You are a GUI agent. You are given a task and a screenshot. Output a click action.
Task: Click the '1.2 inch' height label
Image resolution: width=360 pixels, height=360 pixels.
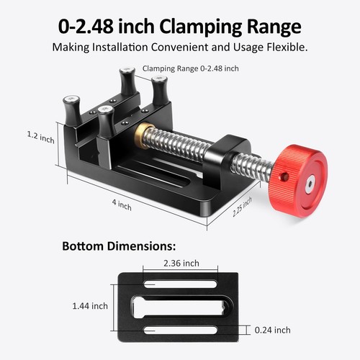tap(40, 136)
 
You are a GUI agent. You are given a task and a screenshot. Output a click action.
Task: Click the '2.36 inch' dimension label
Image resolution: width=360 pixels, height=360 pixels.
tap(181, 263)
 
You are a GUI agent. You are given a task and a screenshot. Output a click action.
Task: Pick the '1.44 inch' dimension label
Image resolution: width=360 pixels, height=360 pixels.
tap(90, 306)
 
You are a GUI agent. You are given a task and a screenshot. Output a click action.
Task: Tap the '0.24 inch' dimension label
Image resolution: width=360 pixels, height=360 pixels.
tap(273, 330)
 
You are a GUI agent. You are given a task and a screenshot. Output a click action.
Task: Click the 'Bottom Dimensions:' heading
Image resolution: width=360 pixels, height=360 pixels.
tap(118, 246)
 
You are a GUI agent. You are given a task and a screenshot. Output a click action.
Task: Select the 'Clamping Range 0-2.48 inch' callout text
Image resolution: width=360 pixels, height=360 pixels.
tap(191, 68)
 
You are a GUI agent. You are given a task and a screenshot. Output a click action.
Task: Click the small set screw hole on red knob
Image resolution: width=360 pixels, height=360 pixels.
tap(284, 177)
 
